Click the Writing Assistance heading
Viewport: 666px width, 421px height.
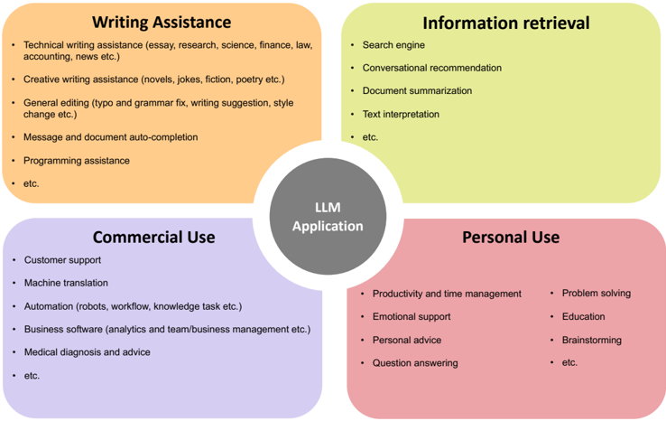coord(162,22)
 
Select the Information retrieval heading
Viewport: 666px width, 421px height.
coord(505,23)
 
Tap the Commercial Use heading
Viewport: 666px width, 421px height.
coord(153,237)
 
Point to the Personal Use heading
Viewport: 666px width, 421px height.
coord(511,237)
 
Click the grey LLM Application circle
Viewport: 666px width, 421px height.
coord(328,217)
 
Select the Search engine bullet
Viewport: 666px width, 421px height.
coord(393,45)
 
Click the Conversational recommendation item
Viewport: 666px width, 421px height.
coord(431,68)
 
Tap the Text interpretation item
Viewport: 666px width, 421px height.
coord(401,115)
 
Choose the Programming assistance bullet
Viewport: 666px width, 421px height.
coord(77,161)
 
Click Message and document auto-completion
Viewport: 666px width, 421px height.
coord(110,137)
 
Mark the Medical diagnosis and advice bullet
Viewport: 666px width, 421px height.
coord(87,352)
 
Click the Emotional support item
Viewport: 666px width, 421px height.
coord(412,317)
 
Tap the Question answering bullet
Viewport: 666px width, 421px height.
coord(415,363)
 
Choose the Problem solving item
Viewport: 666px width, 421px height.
coord(596,294)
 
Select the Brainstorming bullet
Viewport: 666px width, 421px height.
coord(591,340)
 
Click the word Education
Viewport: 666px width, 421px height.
coord(583,317)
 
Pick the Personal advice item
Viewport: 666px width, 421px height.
coord(407,341)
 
